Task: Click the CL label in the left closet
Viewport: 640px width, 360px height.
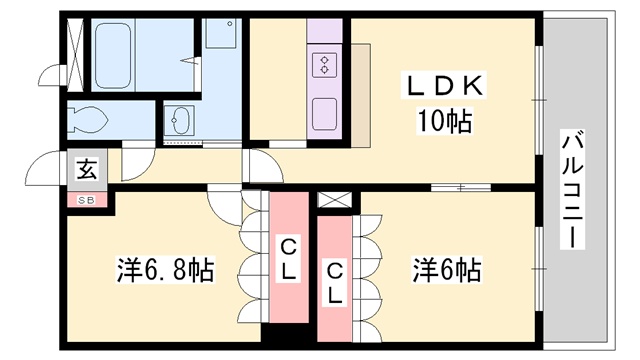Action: pos(286,256)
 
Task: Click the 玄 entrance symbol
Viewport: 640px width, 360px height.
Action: pos(86,169)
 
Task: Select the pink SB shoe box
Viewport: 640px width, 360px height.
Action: pos(86,199)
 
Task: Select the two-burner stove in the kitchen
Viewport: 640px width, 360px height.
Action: pos(326,66)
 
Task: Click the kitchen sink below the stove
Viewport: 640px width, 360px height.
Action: pos(326,112)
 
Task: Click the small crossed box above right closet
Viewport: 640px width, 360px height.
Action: pos(333,198)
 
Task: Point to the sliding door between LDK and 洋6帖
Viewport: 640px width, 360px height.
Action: pos(461,187)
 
